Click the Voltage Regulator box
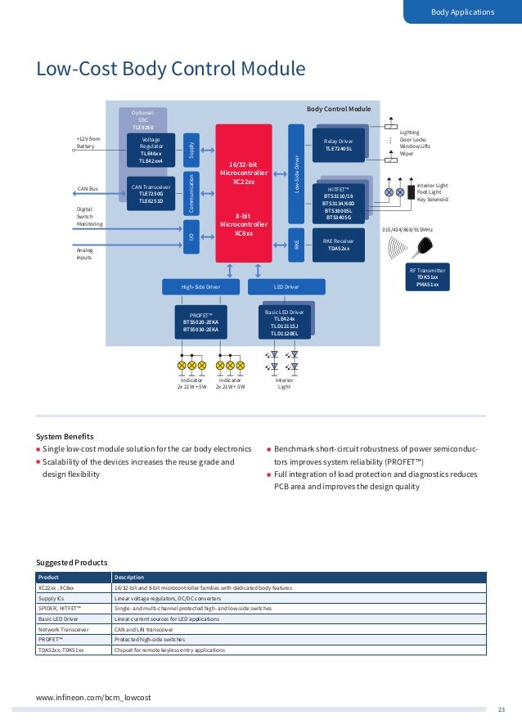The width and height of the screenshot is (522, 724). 151,151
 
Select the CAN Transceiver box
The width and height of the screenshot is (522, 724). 151,194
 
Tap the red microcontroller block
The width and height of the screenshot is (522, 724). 243,193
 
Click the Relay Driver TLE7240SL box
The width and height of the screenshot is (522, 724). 338,144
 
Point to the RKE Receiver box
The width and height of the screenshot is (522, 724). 338,245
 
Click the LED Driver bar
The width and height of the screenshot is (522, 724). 286,287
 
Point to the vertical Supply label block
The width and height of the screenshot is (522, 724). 191,149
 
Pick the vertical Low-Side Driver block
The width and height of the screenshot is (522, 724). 297,176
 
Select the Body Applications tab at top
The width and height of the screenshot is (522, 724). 462,11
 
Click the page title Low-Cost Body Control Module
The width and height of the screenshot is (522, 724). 170,69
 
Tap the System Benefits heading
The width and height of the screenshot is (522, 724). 65,436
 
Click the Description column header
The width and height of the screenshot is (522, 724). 129,577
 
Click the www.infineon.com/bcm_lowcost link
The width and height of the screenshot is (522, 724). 94,696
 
